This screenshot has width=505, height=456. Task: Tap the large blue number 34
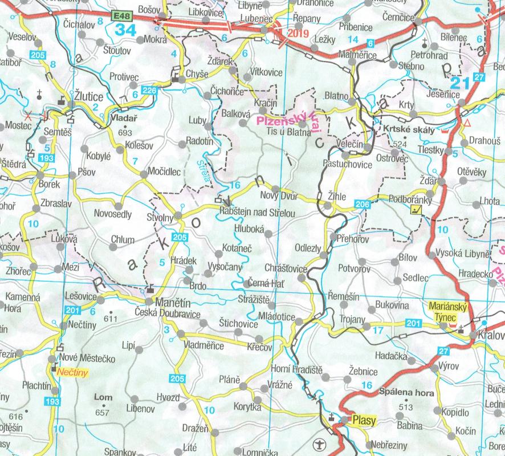pos(125,30)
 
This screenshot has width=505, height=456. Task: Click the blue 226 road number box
pos(149,91)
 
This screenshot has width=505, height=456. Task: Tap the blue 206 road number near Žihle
pos(362,204)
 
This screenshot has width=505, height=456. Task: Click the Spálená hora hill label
pos(406,393)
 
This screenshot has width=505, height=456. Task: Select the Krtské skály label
pos(409,129)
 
